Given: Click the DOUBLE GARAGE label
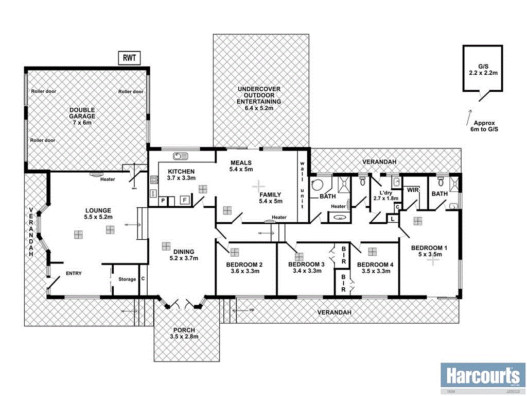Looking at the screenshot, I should pos(82,115).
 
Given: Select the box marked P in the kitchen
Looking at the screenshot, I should pos(163,200).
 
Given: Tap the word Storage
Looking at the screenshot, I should pos(127,279).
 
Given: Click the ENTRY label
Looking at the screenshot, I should pos(73,273).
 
